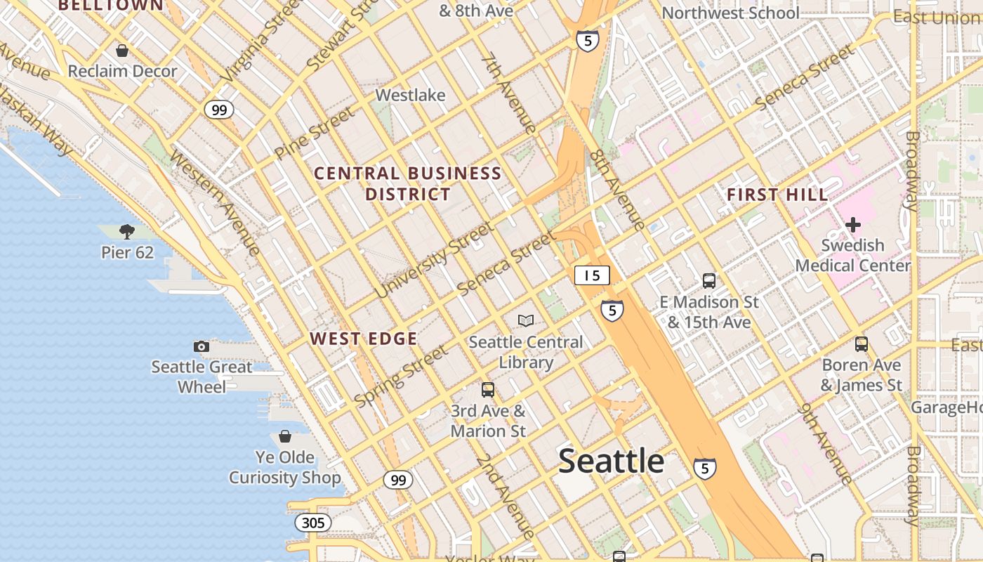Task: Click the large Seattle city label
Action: tap(611, 461)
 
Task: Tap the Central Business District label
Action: tap(407, 183)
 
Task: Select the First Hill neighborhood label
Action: tap(777, 195)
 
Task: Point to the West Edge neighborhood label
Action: tap(364, 339)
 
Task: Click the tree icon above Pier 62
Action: tap(127, 231)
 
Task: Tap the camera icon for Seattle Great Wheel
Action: tap(202, 346)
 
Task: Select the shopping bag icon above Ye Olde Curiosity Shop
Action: tap(285, 436)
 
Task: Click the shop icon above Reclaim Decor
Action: tap(122, 51)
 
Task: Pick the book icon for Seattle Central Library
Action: tap(526, 321)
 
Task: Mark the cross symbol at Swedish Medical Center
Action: tap(853, 225)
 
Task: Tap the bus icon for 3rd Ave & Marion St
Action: tap(488, 389)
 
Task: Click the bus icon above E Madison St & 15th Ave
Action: tap(709, 281)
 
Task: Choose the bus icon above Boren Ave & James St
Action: tap(862, 344)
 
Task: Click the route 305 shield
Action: tap(313, 523)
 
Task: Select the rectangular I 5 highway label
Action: tap(592, 275)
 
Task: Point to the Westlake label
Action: tap(410, 95)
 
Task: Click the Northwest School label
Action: tap(730, 13)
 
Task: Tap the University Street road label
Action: tap(434, 260)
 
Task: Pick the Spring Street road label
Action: tap(400, 377)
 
